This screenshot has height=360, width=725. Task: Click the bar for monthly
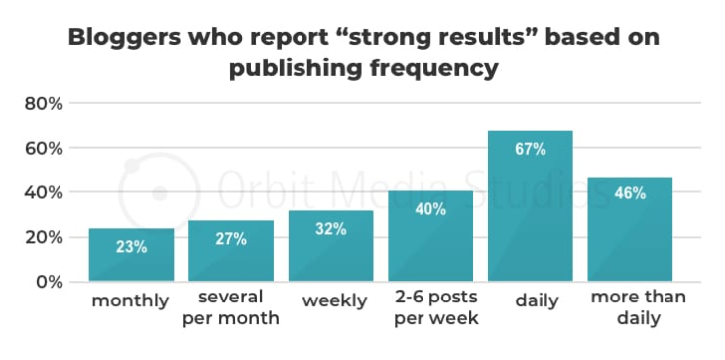[x=131, y=255]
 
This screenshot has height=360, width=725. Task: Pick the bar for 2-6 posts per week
[x=430, y=237]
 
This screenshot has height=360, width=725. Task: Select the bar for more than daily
[x=630, y=229]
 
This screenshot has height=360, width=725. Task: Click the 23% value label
[x=131, y=247]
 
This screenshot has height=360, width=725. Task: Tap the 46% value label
[x=630, y=194]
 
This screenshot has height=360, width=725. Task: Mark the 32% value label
[x=331, y=228]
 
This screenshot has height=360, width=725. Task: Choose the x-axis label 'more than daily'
[x=630, y=308]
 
